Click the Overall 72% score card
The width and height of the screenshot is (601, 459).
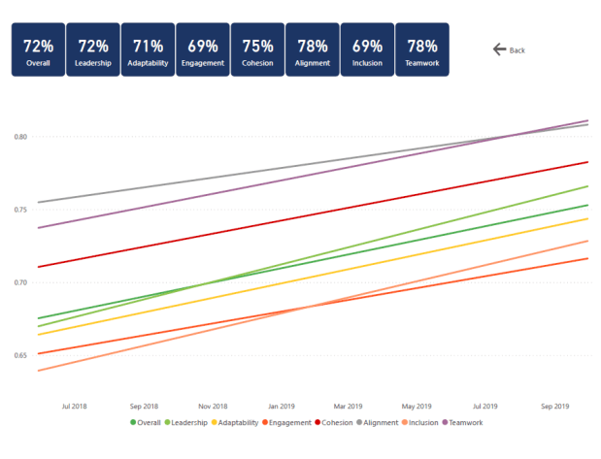(38, 50)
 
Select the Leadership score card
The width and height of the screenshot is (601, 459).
(93, 50)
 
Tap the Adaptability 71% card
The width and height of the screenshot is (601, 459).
(148, 50)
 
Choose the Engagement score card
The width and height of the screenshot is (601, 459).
(203, 50)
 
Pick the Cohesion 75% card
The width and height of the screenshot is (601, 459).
(257, 50)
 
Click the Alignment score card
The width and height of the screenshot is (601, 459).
(313, 50)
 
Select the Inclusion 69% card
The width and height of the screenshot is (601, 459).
(367, 50)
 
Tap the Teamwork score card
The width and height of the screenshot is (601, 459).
(422, 50)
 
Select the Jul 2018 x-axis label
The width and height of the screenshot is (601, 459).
(75, 406)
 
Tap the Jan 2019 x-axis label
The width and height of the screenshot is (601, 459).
(281, 406)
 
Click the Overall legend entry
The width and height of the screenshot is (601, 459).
(147, 423)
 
